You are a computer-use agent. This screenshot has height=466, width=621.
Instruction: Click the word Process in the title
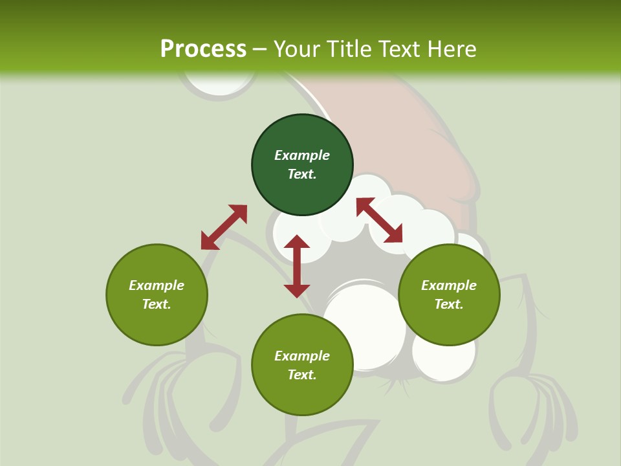click(203, 49)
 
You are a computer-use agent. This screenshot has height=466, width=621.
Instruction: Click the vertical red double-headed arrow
click(297, 266)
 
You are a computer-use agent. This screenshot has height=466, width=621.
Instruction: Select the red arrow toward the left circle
click(224, 227)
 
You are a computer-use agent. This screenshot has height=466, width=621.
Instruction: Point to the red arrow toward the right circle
click(380, 219)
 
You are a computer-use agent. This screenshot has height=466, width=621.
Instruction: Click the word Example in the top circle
click(302, 155)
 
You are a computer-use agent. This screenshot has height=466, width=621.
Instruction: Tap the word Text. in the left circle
click(157, 304)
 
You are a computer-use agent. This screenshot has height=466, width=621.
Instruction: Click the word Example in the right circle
click(449, 285)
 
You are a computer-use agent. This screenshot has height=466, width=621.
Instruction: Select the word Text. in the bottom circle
click(302, 375)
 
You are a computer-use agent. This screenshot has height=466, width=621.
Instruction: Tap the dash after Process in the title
click(259, 49)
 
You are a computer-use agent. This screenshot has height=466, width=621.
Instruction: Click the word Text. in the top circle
click(302, 174)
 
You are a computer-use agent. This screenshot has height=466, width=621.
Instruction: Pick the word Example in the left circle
click(157, 285)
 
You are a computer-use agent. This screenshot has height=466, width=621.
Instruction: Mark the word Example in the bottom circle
click(302, 356)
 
